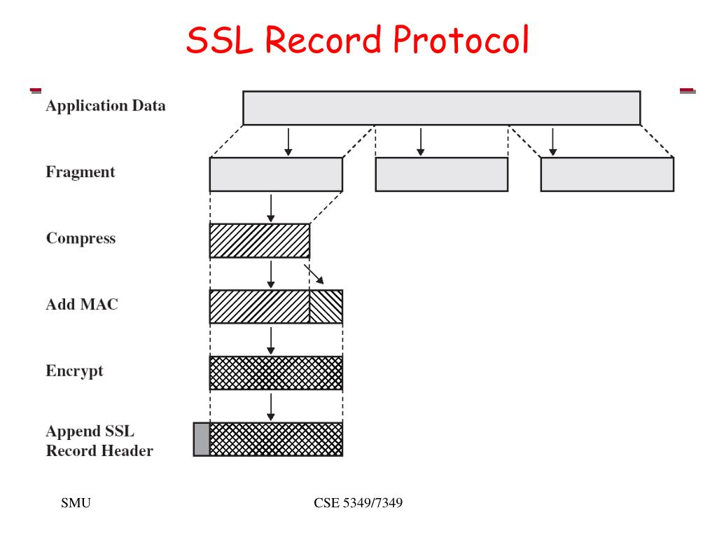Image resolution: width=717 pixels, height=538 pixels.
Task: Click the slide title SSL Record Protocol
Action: (x=357, y=40)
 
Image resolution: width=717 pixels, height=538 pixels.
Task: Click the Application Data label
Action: (x=106, y=106)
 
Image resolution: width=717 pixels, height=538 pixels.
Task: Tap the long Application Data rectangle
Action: (x=441, y=108)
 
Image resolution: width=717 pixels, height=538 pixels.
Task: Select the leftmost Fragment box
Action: (x=276, y=174)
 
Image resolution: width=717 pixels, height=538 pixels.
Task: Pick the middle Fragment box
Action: (x=441, y=174)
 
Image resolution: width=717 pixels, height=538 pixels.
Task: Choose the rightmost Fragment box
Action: (x=607, y=174)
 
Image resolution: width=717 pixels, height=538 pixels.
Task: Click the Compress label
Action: (x=81, y=238)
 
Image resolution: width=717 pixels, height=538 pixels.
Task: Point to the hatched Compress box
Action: (x=259, y=240)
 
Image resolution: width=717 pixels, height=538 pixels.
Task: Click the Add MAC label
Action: (x=82, y=305)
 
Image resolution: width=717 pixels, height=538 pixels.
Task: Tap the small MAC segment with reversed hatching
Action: (x=326, y=307)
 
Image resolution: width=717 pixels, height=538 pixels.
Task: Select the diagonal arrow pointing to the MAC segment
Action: (x=314, y=274)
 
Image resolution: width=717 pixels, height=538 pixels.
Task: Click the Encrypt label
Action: (x=74, y=371)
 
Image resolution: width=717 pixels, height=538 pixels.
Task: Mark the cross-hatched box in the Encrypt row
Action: (x=276, y=373)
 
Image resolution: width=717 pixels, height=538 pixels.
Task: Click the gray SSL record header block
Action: (x=202, y=439)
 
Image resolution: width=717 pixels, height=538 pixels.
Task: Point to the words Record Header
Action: (x=99, y=450)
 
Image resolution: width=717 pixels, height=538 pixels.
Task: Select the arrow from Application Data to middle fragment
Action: (x=420, y=141)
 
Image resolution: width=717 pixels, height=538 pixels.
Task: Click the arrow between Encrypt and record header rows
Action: (x=271, y=406)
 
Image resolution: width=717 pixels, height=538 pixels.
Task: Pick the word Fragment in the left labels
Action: (x=81, y=172)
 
